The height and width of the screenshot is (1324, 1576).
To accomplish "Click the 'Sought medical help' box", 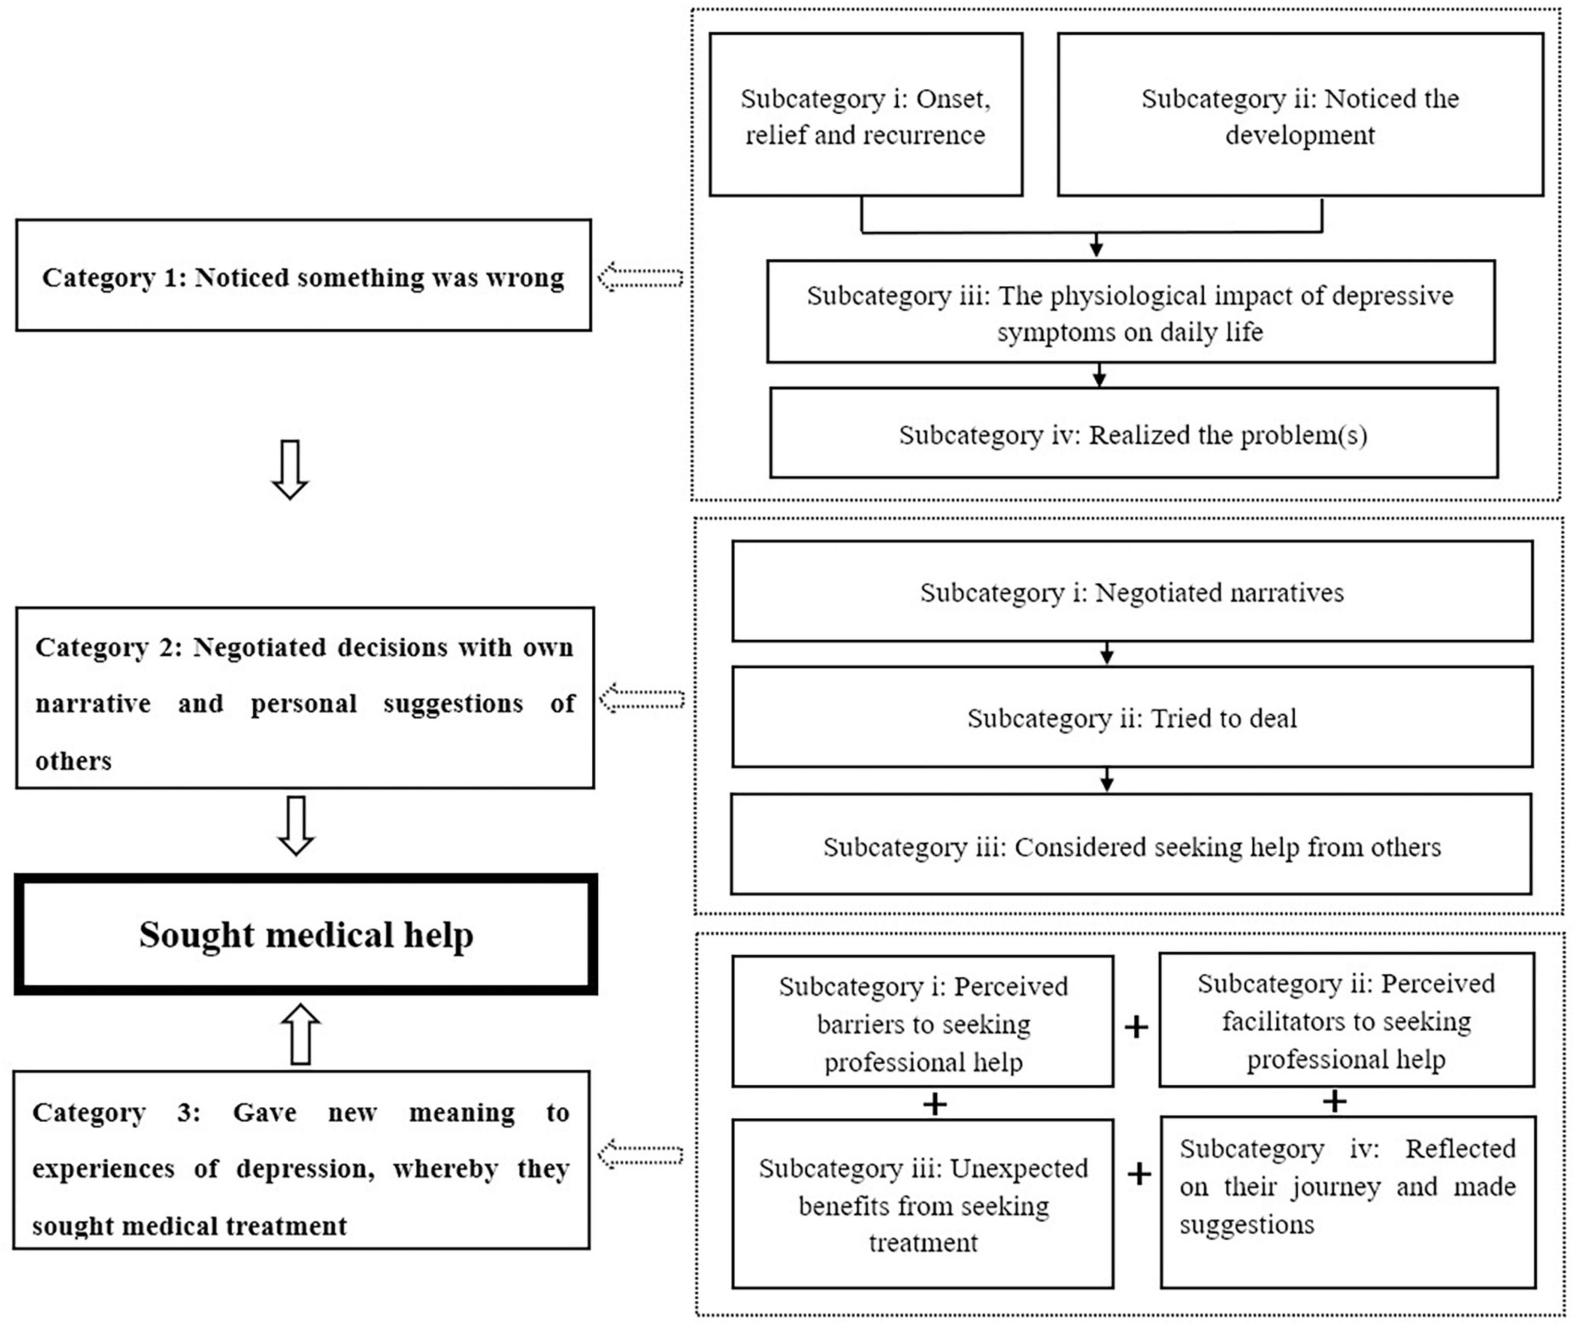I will click(x=306, y=935).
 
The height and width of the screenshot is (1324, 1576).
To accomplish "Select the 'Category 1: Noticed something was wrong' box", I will click(x=303, y=275).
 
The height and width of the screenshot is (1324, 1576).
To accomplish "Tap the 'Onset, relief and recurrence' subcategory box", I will click(x=865, y=115).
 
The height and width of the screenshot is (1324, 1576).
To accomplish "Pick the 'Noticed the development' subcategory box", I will click(x=1300, y=115).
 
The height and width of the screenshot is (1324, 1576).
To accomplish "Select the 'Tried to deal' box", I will click(x=1132, y=718).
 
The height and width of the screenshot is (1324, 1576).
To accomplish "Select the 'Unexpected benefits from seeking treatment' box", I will click(x=922, y=1204).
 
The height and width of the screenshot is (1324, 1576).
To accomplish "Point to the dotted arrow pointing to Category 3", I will click(x=640, y=1154).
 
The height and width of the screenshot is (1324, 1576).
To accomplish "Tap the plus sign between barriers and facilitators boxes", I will click(x=1136, y=1027).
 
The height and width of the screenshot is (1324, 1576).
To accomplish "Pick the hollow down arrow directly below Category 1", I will click(x=290, y=469).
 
